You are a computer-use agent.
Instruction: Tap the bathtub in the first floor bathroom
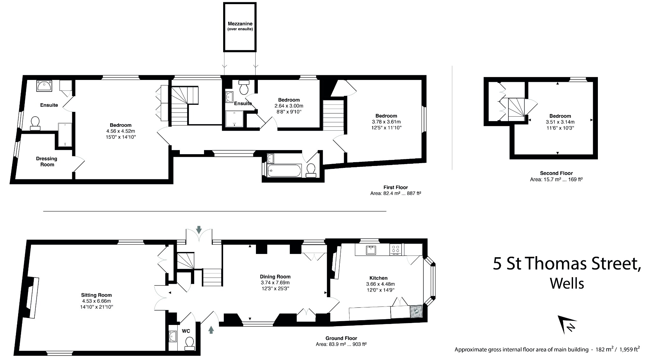pos(284,171)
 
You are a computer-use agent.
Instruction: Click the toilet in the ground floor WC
pos(189,343)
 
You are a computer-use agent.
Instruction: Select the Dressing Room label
pos(46,162)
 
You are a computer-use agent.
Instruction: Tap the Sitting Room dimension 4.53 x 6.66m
pos(96,301)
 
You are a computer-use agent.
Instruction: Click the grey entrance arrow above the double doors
pos(199,229)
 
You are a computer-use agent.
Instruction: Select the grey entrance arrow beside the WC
pos(211,329)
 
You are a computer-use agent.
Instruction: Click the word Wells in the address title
pos(567,283)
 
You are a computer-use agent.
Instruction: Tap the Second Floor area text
pos(556,179)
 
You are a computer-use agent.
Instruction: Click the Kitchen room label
pos(379,278)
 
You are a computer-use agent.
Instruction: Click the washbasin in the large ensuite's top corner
pos(44,86)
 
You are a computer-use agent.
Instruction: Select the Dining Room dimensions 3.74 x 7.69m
pos(275,283)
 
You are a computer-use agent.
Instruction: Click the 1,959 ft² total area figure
pos(626,349)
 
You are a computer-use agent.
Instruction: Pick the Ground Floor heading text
pos(341,338)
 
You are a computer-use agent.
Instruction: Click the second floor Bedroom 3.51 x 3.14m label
pos(560,122)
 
